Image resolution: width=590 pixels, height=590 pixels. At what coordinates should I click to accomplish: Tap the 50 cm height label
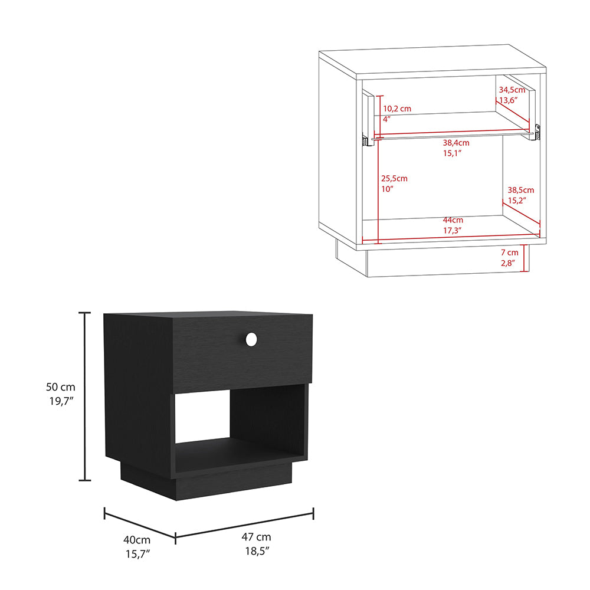[61, 387]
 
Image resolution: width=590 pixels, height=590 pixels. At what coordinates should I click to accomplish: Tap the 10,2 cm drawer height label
[397, 109]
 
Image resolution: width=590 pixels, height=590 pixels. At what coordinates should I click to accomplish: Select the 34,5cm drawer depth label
[512, 90]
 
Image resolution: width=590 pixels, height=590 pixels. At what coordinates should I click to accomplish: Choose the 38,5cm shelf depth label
[520, 190]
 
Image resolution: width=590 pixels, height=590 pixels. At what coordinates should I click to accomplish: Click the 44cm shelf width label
[452, 219]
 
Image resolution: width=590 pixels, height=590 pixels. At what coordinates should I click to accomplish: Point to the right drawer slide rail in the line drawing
[536, 132]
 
